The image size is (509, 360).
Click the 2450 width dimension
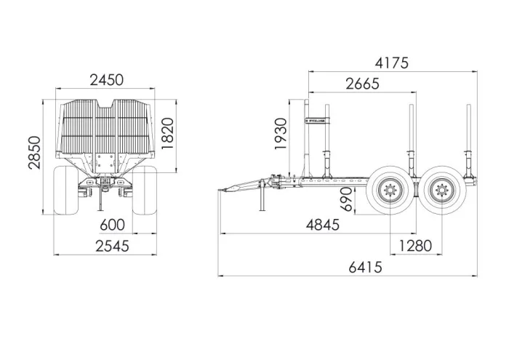106,80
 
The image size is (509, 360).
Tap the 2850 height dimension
34,153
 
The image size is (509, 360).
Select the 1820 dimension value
168,133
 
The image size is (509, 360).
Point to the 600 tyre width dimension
112,225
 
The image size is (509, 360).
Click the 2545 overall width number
112,246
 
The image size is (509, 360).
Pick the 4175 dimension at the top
391,63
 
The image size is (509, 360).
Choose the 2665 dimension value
362,84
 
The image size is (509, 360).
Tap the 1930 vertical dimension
281,134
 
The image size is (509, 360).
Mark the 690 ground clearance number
347,199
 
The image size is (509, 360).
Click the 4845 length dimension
323,225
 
